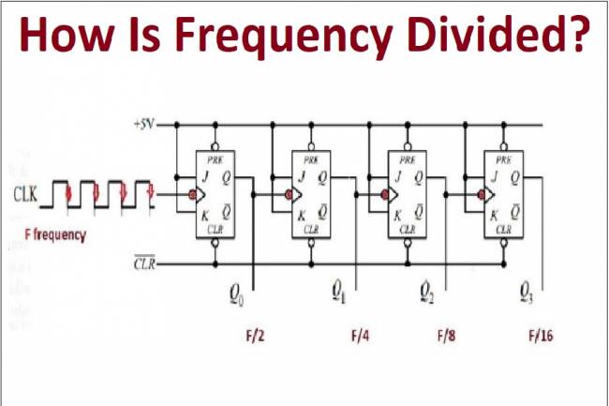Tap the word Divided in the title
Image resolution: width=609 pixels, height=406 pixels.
click(x=507, y=35)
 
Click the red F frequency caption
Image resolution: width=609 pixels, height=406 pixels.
click(x=55, y=234)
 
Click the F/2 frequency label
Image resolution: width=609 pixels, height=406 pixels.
click(x=254, y=335)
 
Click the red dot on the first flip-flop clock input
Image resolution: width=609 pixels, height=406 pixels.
click(x=191, y=195)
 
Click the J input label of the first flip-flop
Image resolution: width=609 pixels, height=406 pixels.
click(x=205, y=175)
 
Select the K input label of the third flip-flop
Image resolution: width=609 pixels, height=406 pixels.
click(x=396, y=215)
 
